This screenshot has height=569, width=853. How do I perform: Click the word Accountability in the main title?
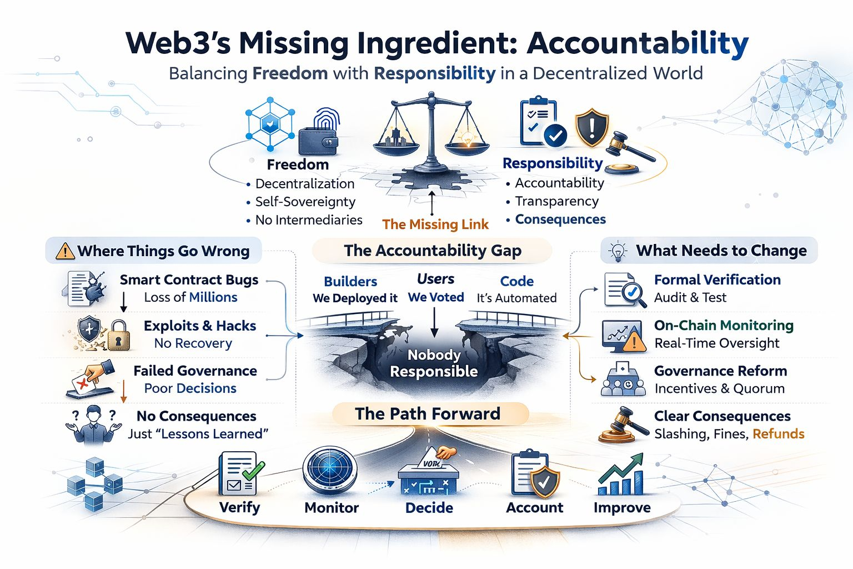(638, 44)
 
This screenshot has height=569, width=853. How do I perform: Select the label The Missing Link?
(435, 224)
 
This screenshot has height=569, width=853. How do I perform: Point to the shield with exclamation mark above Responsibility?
(591, 127)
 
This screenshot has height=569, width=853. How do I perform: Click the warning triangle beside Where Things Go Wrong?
(66, 251)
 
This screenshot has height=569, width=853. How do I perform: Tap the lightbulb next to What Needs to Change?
(618, 251)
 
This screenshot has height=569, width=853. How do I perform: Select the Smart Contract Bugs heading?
(189, 280)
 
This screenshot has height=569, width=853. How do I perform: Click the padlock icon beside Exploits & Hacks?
(118, 335)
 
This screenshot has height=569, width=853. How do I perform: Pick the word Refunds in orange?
(779, 434)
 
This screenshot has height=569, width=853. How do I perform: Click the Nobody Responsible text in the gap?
(434, 363)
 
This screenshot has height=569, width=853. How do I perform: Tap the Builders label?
(350, 282)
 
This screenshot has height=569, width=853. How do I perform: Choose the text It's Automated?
(516, 298)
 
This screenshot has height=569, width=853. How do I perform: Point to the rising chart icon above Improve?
(621, 475)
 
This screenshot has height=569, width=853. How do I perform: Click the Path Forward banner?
(428, 414)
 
